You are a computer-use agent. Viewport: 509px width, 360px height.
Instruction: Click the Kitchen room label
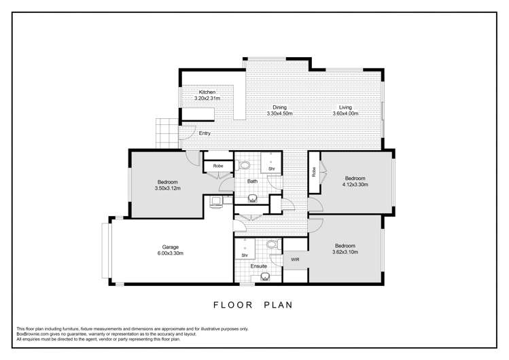(207, 92)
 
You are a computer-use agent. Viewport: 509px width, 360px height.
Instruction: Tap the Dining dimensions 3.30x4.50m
(279, 113)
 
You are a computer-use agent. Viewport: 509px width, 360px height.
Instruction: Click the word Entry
(205, 133)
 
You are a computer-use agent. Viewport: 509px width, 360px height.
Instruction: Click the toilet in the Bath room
(245, 164)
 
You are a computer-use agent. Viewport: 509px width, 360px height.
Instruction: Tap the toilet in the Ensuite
(272, 245)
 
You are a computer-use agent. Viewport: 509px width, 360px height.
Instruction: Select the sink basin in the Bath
(253, 200)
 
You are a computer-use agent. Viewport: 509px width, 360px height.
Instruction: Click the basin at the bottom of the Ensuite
(264, 277)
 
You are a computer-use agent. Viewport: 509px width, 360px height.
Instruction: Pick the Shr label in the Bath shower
(271, 168)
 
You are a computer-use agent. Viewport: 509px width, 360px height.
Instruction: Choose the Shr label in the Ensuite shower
(245, 255)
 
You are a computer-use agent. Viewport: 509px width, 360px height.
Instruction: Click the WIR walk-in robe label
(295, 259)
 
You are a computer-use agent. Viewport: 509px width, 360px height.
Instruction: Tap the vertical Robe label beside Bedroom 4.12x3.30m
(313, 173)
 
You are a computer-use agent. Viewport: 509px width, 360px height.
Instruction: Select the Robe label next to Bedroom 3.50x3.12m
(218, 166)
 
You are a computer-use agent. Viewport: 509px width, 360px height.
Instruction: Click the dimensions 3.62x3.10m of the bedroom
(345, 252)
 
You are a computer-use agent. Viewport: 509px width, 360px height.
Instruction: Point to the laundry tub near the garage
(216, 200)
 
